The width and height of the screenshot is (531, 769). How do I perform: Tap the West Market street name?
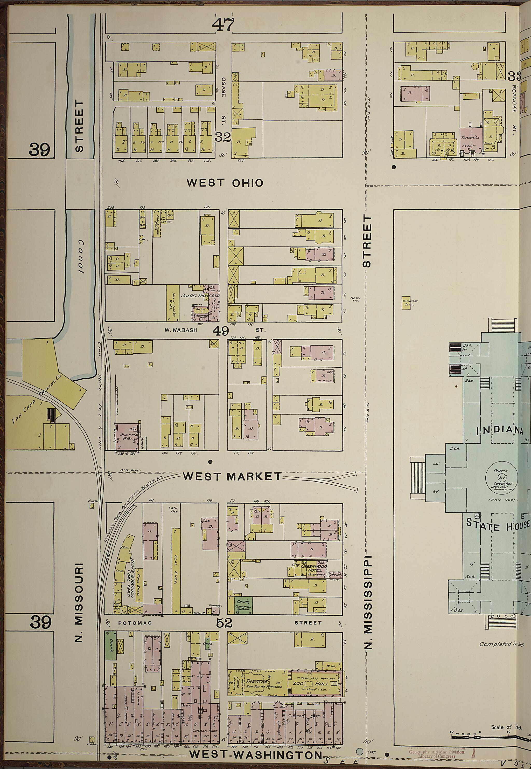pyautogui.click(x=232, y=476)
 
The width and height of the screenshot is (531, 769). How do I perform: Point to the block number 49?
pyautogui.click(x=221, y=331)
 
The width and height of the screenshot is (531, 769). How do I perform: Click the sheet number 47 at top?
pyautogui.click(x=223, y=25)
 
